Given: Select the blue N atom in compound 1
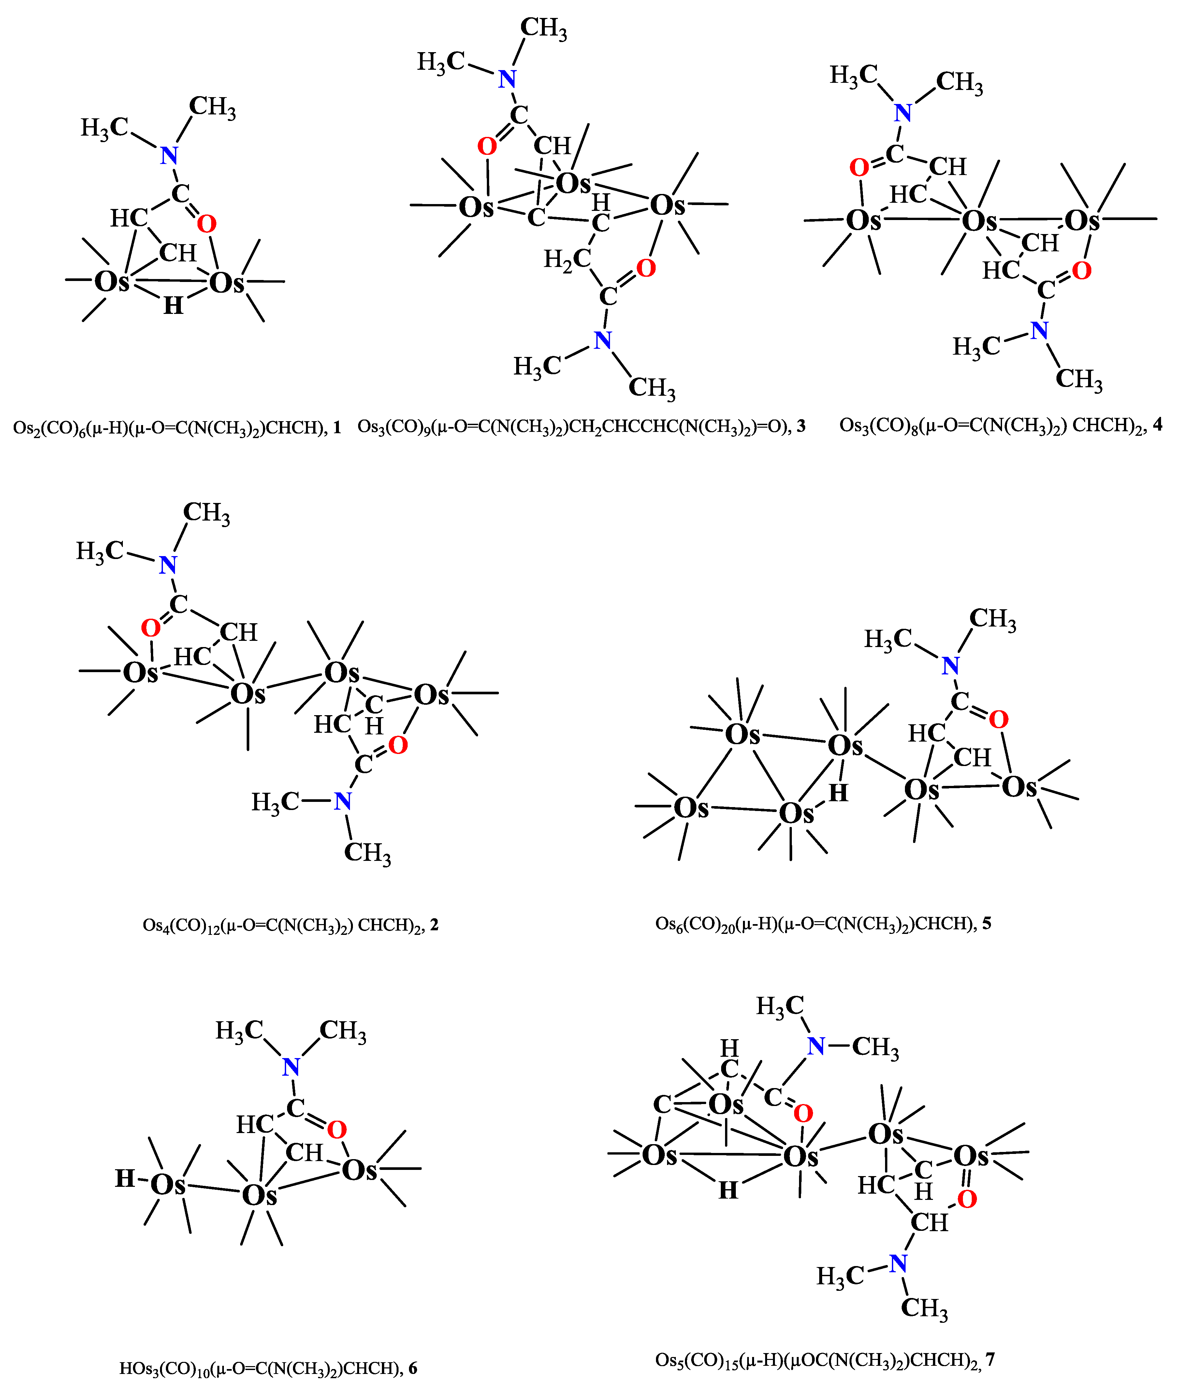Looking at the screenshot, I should tap(169, 155).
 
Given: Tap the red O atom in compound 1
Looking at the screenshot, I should tap(207, 224).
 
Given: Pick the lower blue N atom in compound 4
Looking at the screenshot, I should tap(1039, 330).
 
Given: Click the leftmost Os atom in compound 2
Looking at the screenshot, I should tap(140, 673).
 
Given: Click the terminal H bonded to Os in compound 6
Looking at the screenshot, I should tap(125, 1178).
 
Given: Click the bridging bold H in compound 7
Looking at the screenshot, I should tap(728, 1190).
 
